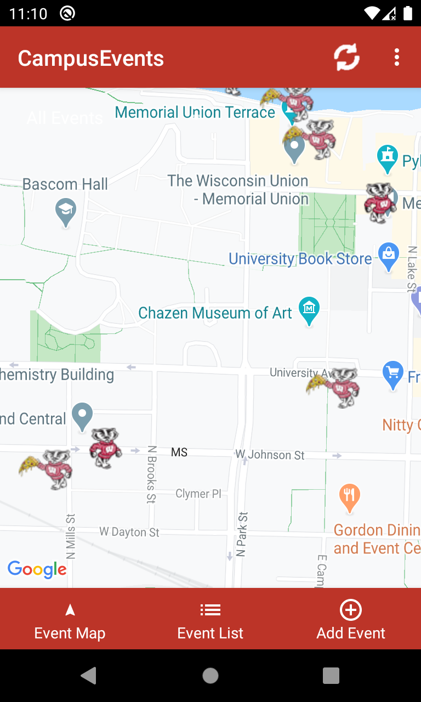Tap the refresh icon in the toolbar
(346, 57)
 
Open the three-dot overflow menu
(397, 57)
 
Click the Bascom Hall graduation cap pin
(66, 212)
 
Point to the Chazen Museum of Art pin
(309, 310)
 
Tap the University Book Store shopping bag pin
(389, 256)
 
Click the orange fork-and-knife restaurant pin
(349, 497)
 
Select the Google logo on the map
(37, 569)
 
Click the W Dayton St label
(129, 532)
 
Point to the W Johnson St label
(270, 455)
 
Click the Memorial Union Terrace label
(195, 112)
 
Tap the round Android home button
(210, 676)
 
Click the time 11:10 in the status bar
(29, 13)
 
